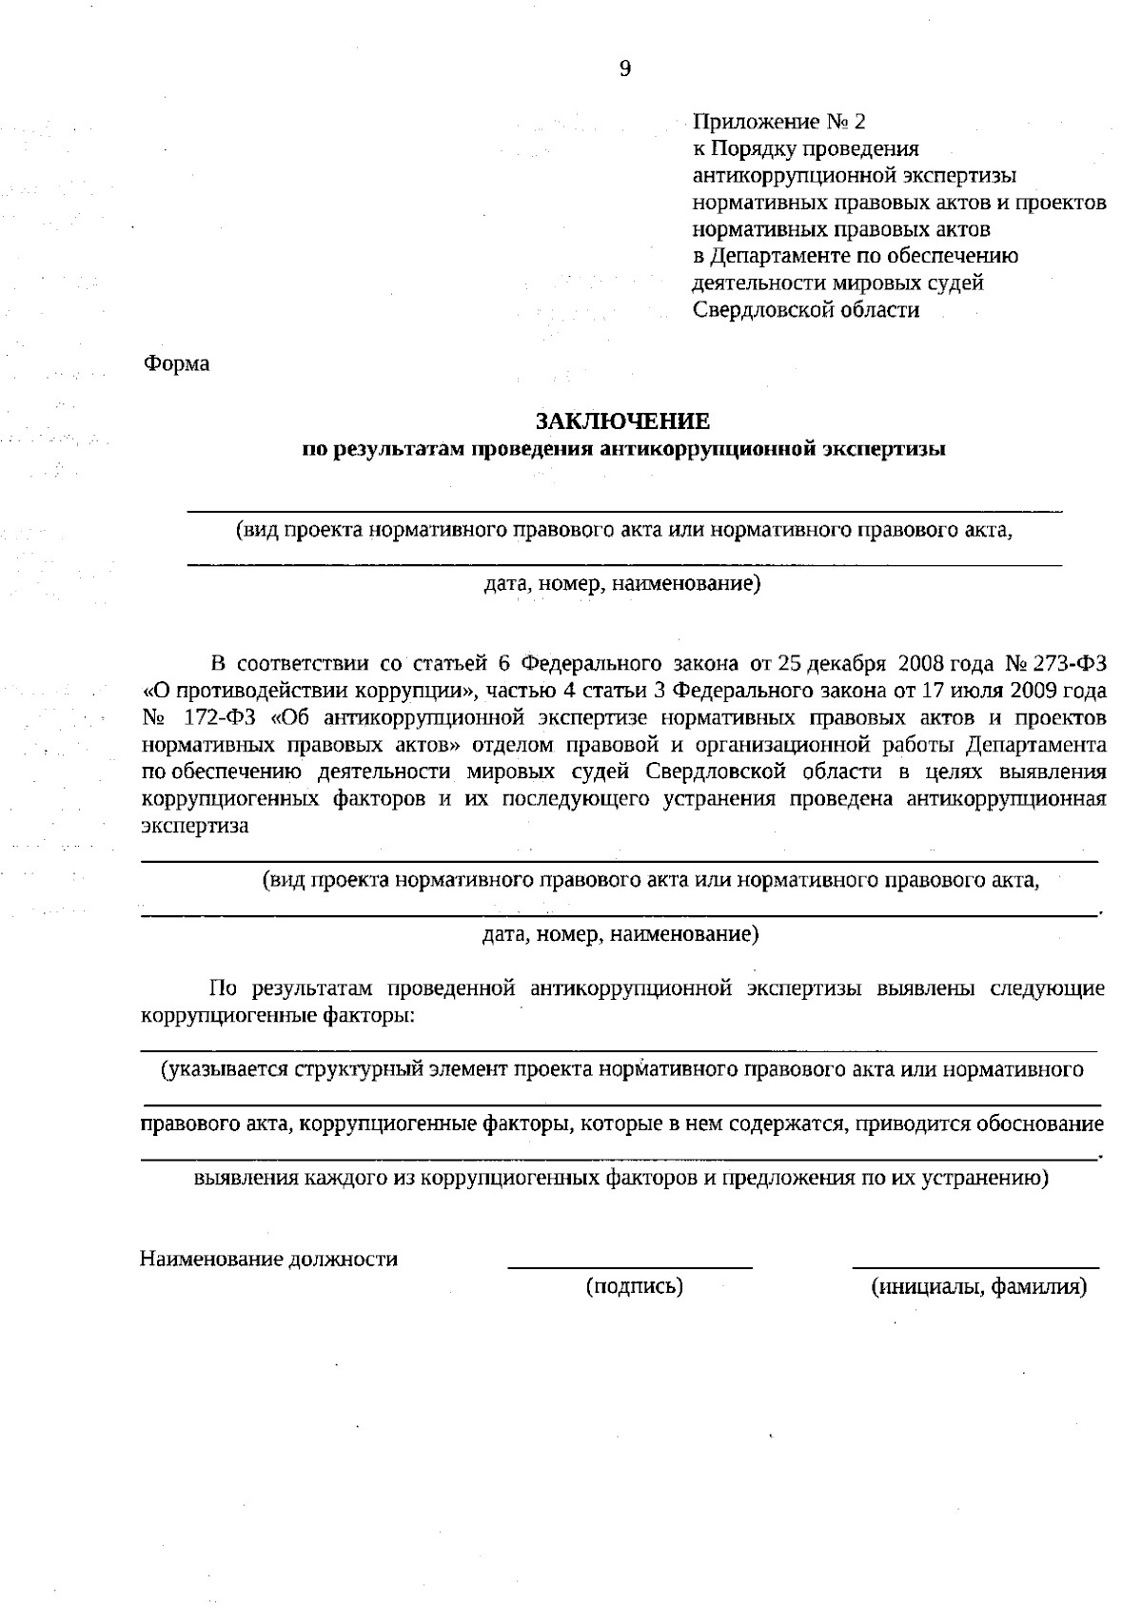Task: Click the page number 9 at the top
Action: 624,68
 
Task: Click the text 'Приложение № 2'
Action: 779,122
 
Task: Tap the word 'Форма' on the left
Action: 176,363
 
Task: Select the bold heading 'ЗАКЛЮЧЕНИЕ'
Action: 622,420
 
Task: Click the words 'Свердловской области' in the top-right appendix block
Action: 805,310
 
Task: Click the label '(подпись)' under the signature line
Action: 635,1287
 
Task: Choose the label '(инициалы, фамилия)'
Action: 979,1287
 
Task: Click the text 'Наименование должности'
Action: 268,1260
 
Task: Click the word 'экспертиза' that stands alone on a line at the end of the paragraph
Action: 194,825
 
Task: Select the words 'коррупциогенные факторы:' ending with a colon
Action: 277,1015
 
